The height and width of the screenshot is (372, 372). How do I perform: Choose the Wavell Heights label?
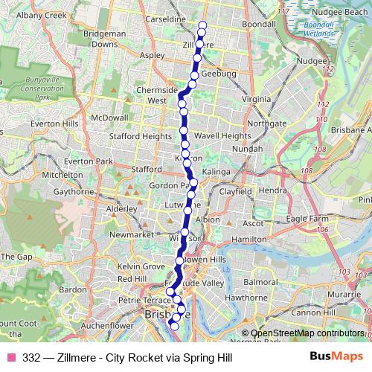222,136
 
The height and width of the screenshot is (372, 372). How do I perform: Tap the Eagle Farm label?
307,218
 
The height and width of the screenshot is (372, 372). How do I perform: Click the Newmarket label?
110,235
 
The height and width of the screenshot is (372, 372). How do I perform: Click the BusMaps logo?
336,357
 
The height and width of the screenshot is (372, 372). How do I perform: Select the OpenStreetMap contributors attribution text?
307,333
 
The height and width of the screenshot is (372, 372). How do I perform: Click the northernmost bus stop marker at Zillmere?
202,26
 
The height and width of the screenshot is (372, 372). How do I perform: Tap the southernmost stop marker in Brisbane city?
176,325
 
